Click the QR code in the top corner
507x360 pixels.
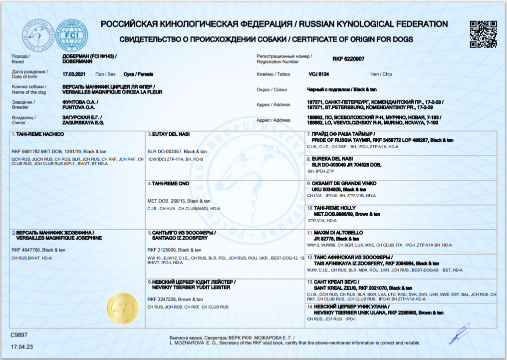click(483, 34)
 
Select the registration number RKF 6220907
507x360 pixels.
click(348, 59)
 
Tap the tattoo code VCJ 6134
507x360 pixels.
click(319, 74)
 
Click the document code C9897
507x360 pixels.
click(19, 334)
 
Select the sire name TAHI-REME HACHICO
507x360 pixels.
click(40, 135)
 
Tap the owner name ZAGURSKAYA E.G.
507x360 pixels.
click(83, 123)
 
